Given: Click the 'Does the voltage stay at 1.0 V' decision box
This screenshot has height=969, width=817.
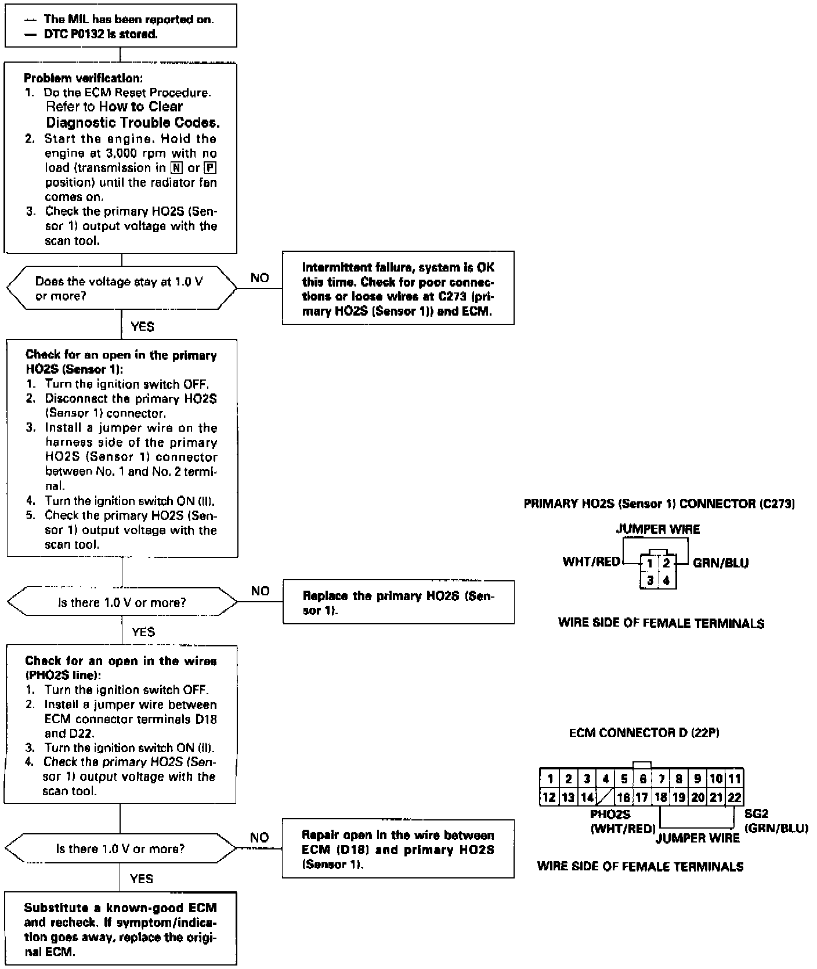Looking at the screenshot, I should [x=121, y=288].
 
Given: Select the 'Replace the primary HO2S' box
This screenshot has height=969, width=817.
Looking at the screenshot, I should [x=398, y=602].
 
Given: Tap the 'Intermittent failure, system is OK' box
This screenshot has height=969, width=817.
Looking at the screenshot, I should [x=398, y=288].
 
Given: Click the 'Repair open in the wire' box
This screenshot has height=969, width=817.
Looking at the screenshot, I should [x=398, y=849].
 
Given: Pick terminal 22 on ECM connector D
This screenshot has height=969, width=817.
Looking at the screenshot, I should [x=735, y=797].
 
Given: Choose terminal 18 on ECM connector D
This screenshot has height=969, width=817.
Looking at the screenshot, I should [x=660, y=797].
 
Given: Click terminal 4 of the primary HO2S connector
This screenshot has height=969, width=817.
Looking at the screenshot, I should [x=666, y=580].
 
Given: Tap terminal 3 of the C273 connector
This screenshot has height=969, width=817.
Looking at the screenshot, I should [x=650, y=580].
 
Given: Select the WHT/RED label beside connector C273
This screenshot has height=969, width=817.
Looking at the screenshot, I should [x=591, y=562].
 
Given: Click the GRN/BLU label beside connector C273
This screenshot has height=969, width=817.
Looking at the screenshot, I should [x=720, y=563].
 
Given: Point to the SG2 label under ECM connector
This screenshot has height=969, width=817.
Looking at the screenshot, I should [x=756, y=814].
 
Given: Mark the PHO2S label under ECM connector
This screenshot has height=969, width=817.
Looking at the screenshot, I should [x=610, y=815].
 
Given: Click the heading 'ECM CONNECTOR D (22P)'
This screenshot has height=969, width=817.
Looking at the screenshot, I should [x=644, y=733].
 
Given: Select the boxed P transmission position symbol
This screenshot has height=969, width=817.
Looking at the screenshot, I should [x=211, y=168].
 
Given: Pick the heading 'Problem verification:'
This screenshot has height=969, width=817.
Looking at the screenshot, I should [x=83, y=78].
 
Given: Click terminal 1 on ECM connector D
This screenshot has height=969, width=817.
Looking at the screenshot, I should [x=550, y=779].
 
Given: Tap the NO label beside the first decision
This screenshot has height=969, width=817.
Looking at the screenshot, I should [x=259, y=278].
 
